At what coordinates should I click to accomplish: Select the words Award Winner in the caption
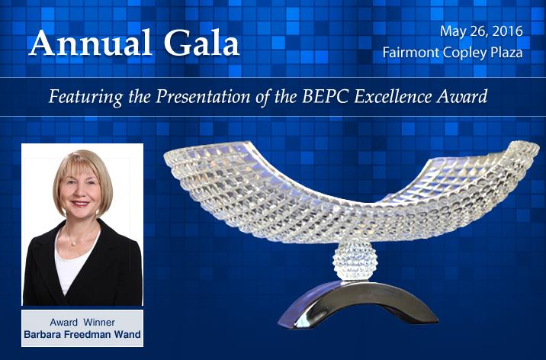coord(82,322)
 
